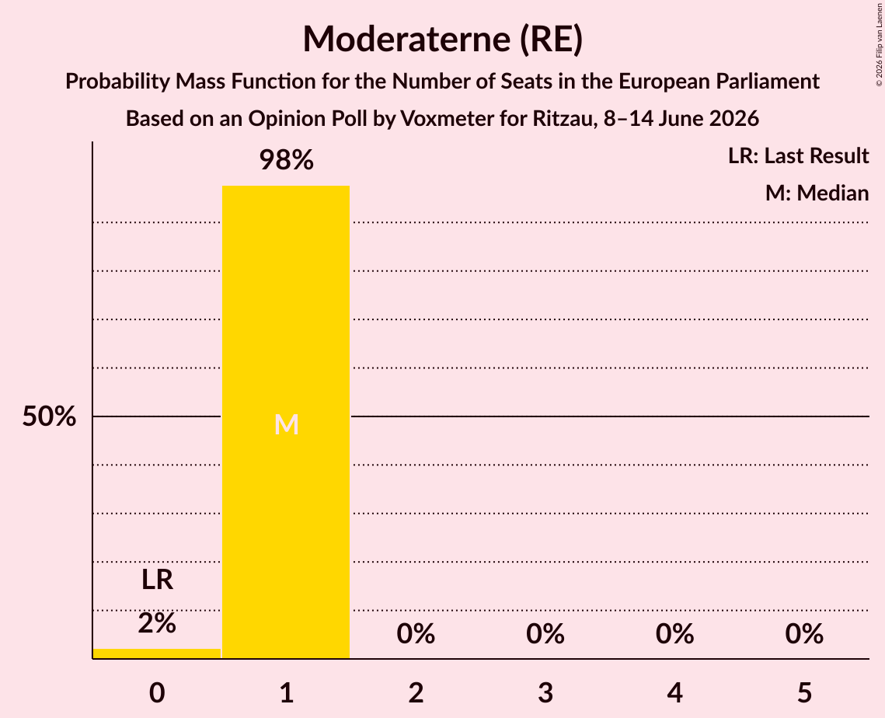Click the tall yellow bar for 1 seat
click(286, 422)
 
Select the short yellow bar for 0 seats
click(157, 654)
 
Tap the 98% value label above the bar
click(286, 160)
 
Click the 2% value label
click(157, 623)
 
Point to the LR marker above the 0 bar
click(157, 580)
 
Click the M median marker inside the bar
click(286, 424)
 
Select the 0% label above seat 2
click(416, 634)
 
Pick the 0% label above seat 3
click(545, 634)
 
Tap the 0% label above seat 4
click(675, 634)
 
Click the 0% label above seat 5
click(804, 634)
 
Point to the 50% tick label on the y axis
click(49, 417)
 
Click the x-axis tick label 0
click(157, 692)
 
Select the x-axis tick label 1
click(287, 692)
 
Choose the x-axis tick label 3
click(545, 692)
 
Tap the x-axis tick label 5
click(804, 692)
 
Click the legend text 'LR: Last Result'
click(798, 155)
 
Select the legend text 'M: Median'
click(817, 193)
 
